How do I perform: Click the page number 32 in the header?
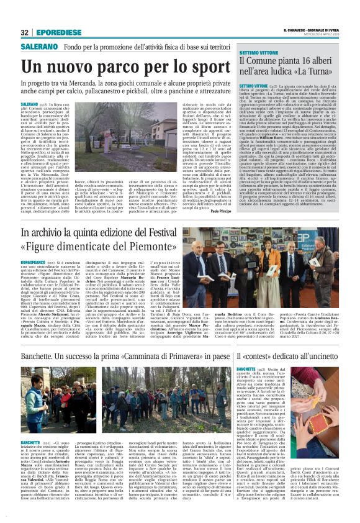(25, 32)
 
